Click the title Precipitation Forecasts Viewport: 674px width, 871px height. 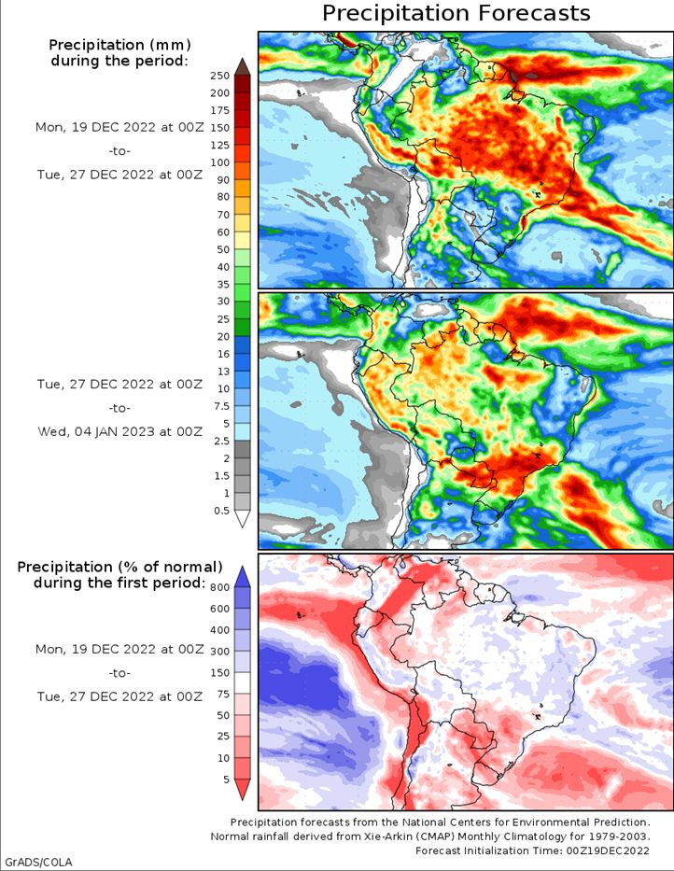(456, 13)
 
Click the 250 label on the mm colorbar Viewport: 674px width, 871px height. (219, 76)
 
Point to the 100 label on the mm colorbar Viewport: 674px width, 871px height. (219, 162)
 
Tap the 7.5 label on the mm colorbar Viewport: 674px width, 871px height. (219, 405)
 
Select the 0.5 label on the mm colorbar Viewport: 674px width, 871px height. (219, 510)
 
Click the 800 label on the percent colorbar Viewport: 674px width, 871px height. (219, 587)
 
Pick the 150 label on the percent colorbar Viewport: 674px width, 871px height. (219, 673)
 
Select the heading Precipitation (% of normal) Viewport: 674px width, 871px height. (119, 567)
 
